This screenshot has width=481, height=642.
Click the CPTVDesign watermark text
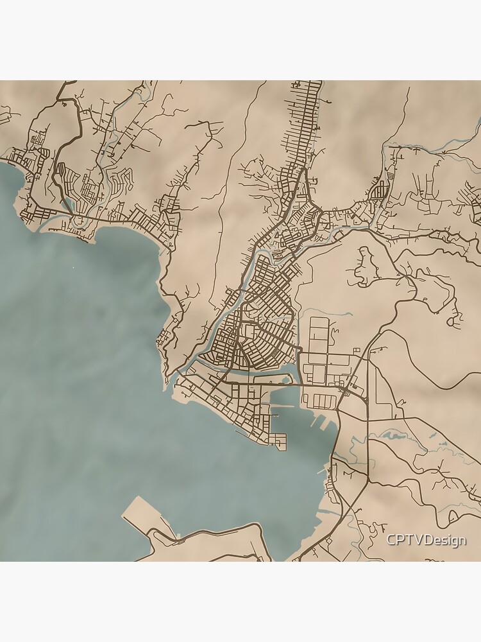click(426, 541)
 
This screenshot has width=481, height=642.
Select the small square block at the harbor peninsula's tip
click(278, 440)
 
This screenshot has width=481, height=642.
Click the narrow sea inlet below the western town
click(48, 225)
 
